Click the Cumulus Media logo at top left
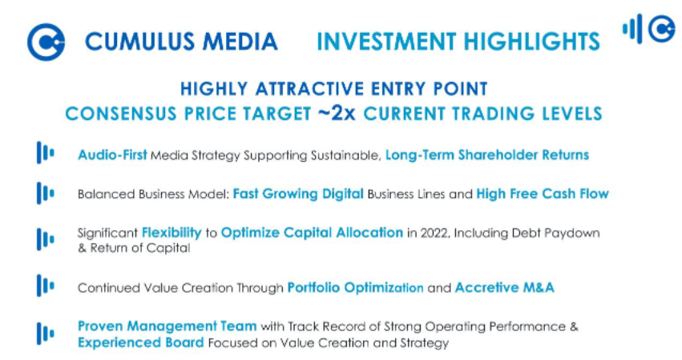point(46,42)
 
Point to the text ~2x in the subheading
point(337,113)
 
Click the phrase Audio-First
point(112,155)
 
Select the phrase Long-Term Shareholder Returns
point(486,155)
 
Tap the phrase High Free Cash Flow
point(542,193)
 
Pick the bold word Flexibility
point(172,233)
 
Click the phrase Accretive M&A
point(504,287)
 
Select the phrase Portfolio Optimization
point(355,287)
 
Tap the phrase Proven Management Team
point(167,326)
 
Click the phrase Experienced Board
point(140,342)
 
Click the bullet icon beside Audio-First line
point(45,153)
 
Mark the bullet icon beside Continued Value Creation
point(45,285)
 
